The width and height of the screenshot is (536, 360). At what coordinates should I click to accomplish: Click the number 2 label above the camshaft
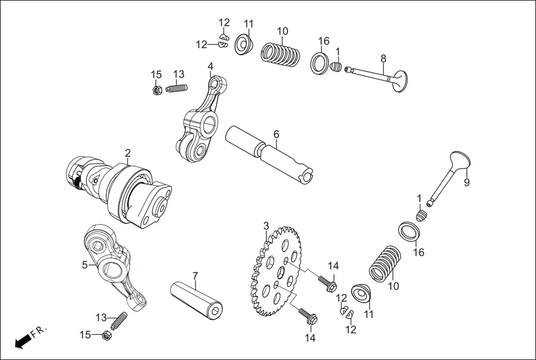pyautogui.click(x=128, y=153)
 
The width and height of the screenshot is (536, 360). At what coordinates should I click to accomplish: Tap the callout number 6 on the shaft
pyautogui.click(x=276, y=134)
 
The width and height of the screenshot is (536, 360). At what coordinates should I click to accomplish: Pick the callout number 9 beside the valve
pyautogui.click(x=467, y=182)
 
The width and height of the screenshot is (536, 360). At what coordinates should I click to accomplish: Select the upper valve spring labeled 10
pyautogui.click(x=280, y=55)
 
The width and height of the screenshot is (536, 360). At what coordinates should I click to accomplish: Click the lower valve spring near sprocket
pyautogui.click(x=385, y=263)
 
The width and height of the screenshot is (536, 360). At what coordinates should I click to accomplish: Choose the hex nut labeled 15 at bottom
pyautogui.click(x=106, y=335)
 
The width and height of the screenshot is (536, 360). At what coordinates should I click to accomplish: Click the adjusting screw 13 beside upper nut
pyautogui.click(x=176, y=88)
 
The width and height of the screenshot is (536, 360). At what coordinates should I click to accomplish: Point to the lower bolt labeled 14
pyautogui.click(x=308, y=316)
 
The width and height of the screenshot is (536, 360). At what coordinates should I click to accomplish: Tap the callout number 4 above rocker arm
pyautogui.click(x=210, y=66)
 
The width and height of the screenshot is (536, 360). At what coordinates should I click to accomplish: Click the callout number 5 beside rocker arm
pyautogui.click(x=85, y=265)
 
